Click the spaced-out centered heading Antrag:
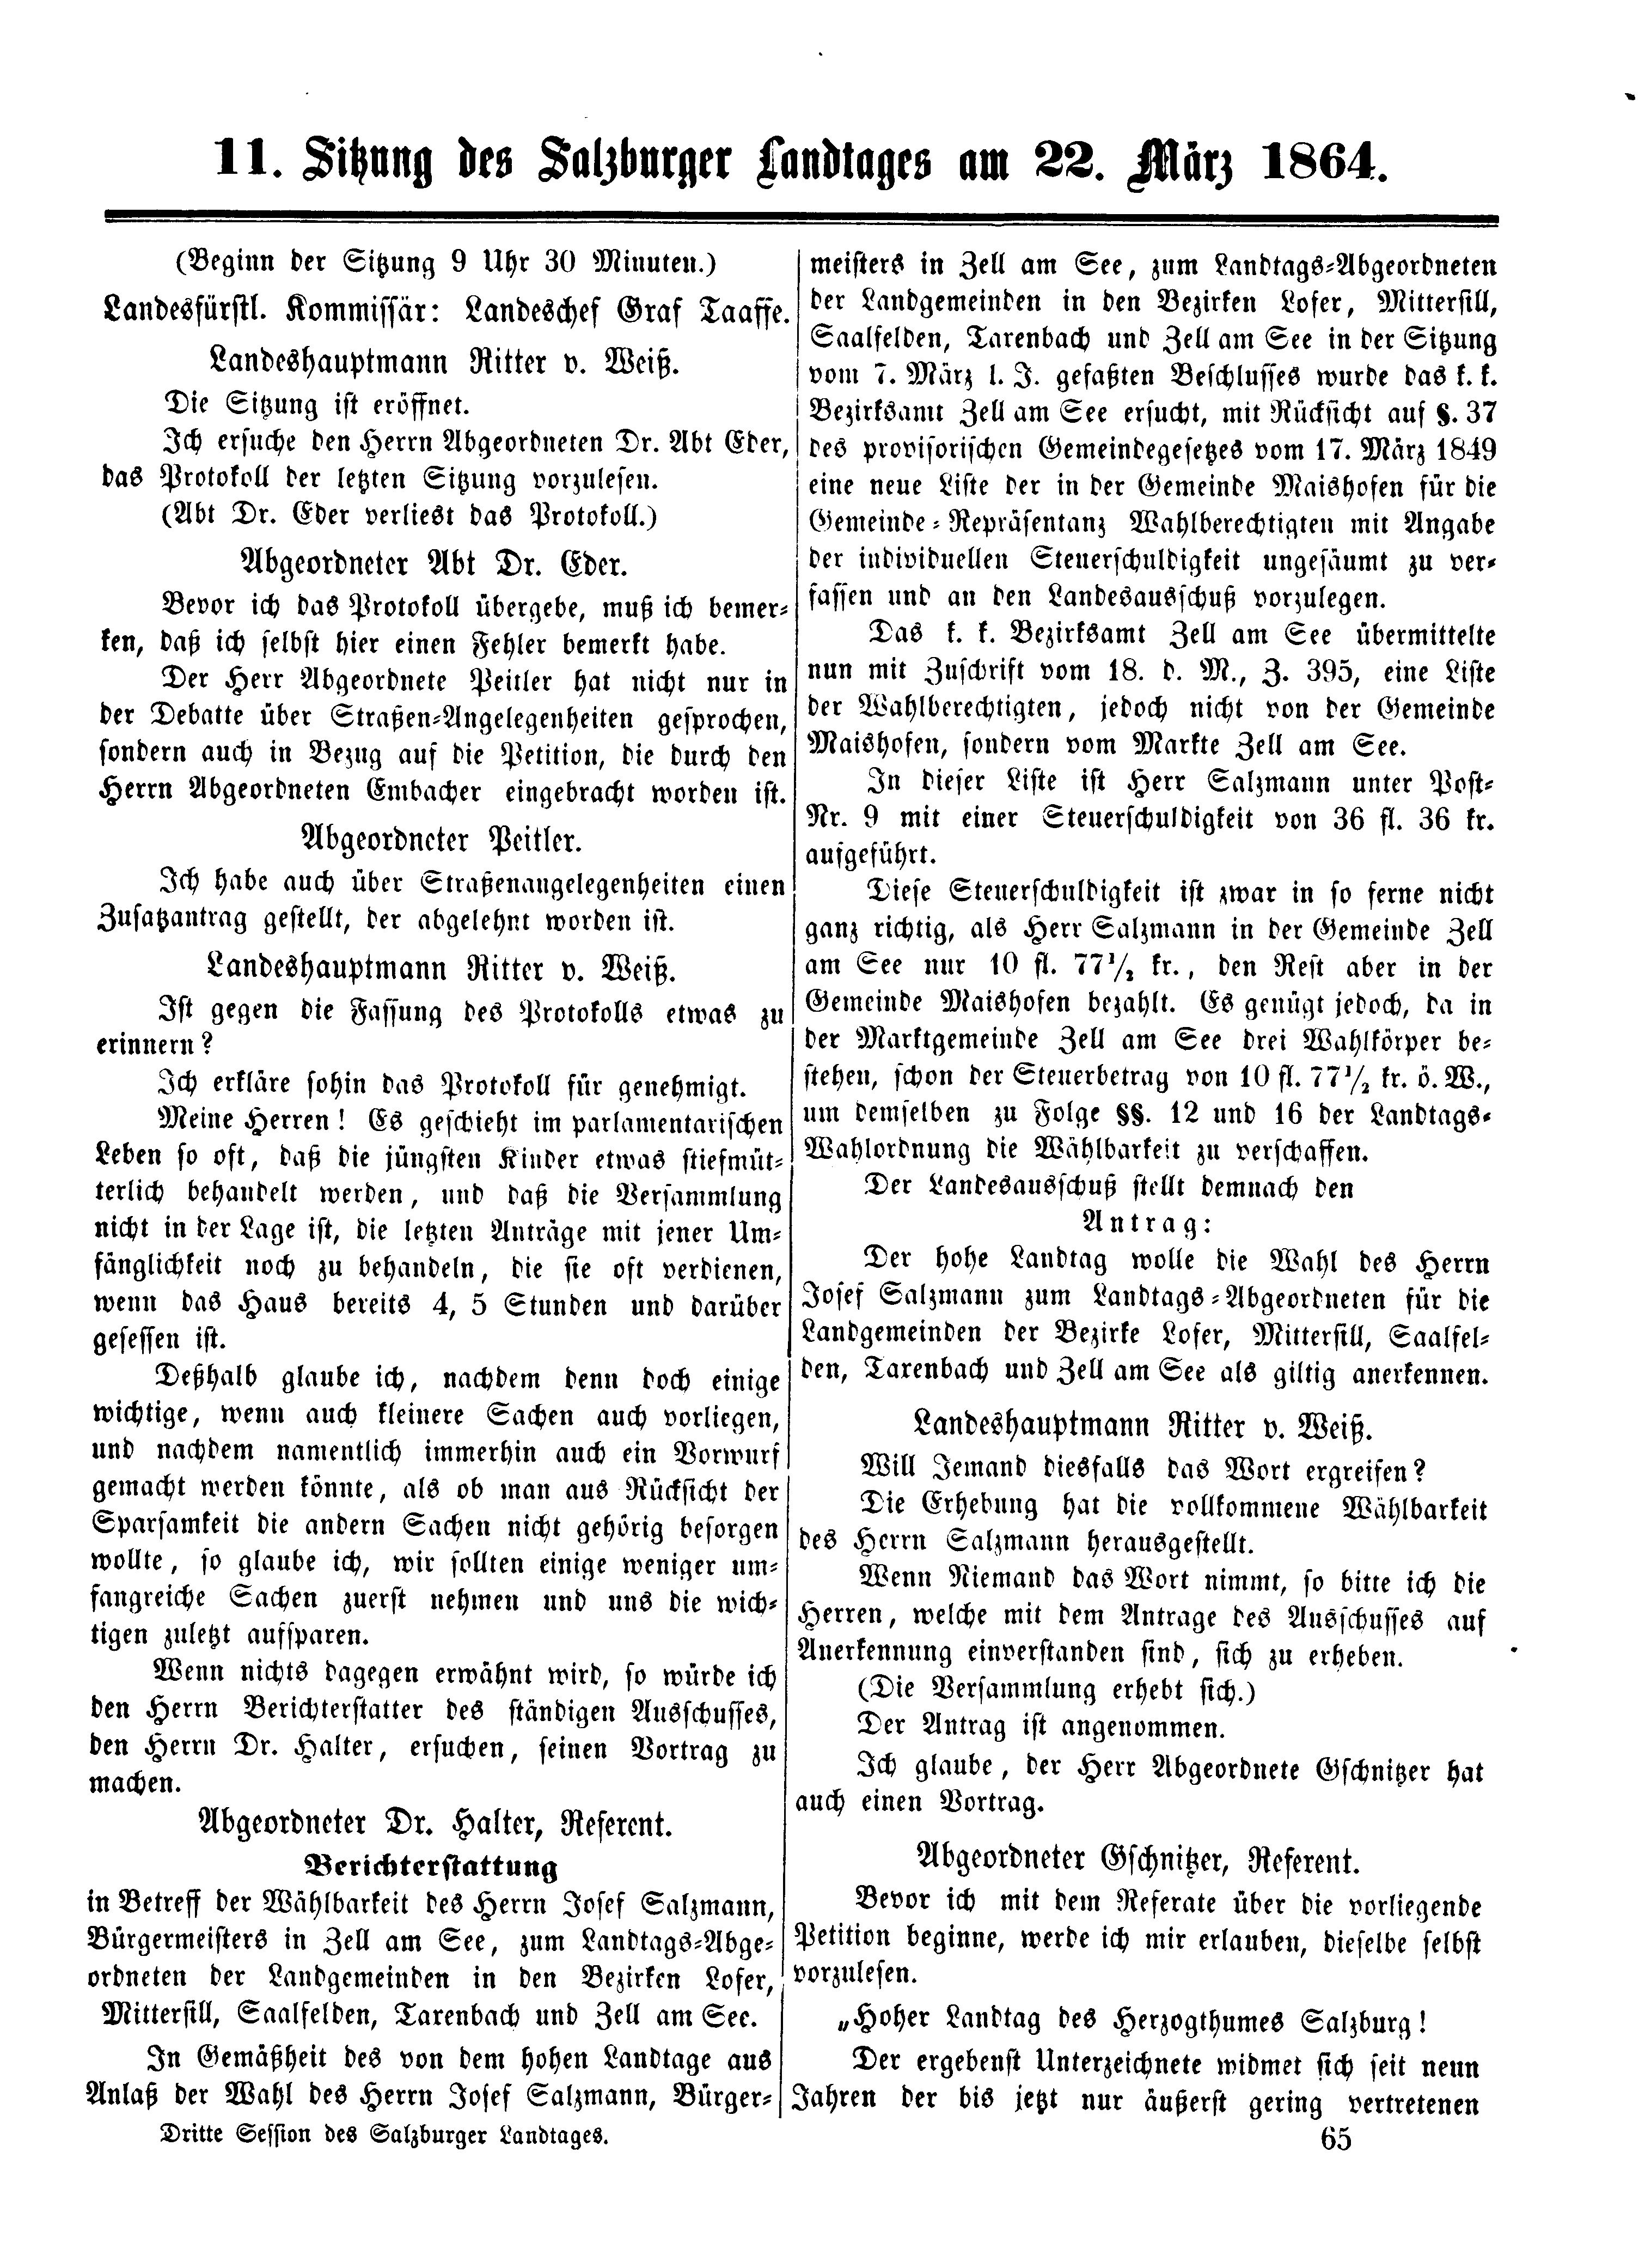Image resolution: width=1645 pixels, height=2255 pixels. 1147,1224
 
